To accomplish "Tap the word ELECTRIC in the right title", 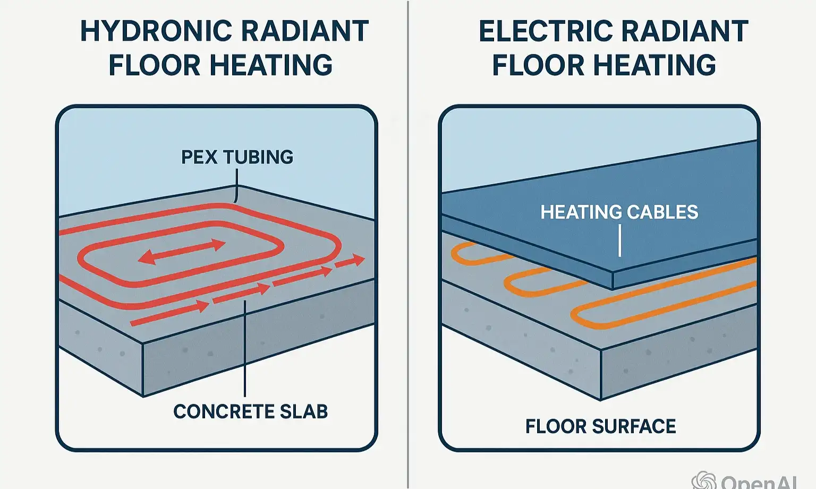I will (542, 31).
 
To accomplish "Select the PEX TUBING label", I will (237, 157).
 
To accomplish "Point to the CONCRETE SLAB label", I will (250, 411).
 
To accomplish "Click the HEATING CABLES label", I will (619, 212).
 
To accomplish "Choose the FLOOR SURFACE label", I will (600, 426).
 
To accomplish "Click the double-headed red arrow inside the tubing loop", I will (182, 252).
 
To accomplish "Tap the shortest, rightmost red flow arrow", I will (350, 262).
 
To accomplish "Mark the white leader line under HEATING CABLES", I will (619, 240).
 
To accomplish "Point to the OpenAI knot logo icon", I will (704, 481).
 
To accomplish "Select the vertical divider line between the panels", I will (408, 244).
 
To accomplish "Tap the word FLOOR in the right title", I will (538, 65).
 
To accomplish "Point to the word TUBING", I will (258, 157).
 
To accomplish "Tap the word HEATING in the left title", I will (271, 65).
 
